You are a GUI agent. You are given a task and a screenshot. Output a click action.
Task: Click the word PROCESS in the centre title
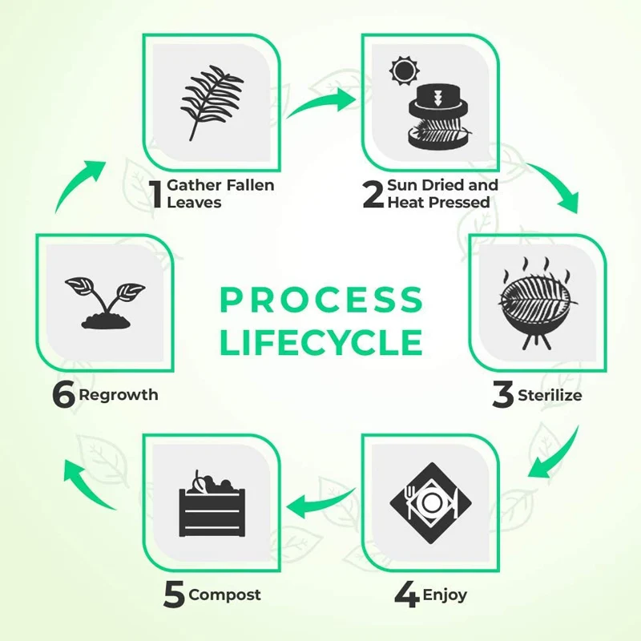tap(320, 300)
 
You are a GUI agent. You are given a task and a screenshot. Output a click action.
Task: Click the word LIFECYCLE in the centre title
tap(320, 342)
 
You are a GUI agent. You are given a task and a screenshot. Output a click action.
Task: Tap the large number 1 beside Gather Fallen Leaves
tap(155, 194)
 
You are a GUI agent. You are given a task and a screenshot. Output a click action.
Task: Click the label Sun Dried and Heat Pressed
tap(441, 194)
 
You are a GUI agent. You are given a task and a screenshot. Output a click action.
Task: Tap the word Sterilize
tap(550, 395)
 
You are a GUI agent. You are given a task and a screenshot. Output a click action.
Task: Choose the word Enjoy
tap(445, 595)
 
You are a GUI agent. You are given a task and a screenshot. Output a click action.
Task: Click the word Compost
tap(224, 595)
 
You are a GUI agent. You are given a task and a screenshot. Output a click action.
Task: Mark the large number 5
tap(174, 595)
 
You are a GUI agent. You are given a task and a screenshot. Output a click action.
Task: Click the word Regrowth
tap(119, 395)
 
